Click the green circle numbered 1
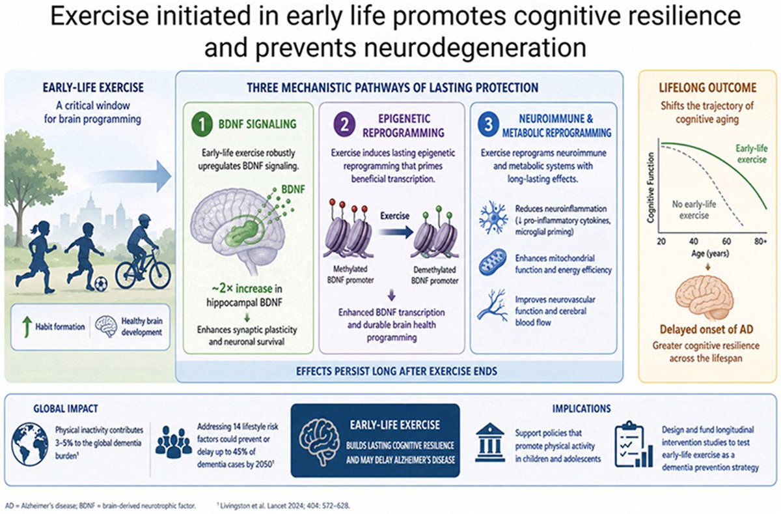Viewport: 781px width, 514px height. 202,124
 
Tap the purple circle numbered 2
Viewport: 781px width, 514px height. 344,124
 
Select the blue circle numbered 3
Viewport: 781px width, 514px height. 489,124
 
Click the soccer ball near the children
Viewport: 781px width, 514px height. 101,283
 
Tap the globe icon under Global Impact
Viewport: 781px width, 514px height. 30,444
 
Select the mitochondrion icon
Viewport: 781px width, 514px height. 493,262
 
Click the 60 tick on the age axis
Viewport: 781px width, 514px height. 726,241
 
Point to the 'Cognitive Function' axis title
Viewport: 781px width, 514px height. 650,188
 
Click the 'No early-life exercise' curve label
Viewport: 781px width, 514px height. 694,210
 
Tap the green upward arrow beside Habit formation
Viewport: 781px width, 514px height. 27,327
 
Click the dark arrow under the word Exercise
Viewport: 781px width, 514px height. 396,232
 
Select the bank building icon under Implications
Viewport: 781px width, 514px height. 490,442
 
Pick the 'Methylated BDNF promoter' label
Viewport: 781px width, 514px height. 350,274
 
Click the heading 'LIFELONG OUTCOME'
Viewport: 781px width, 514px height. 707,87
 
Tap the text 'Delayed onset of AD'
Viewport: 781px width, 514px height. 706,329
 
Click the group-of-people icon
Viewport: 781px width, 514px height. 174,442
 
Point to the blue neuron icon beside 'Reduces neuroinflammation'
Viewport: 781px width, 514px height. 493,217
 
